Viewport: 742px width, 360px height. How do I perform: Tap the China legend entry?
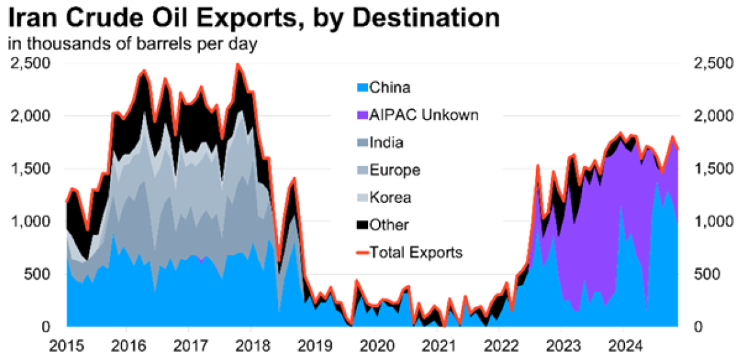[x=390, y=88]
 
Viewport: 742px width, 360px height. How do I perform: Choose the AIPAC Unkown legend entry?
[x=424, y=115]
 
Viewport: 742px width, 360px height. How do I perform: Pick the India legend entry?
[x=386, y=142]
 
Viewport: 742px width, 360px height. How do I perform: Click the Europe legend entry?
[x=394, y=170]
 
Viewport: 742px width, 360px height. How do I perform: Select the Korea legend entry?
[x=390, y=197]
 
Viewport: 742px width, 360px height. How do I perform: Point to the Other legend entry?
[x=389, y=225]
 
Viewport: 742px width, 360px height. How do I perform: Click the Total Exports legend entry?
[x=416, y=252]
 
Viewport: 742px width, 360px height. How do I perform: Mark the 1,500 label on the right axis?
[x=708, y=169]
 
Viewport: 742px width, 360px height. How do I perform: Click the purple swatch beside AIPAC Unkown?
[x=362, y=116]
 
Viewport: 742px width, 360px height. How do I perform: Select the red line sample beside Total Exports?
[x=362, y=252]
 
